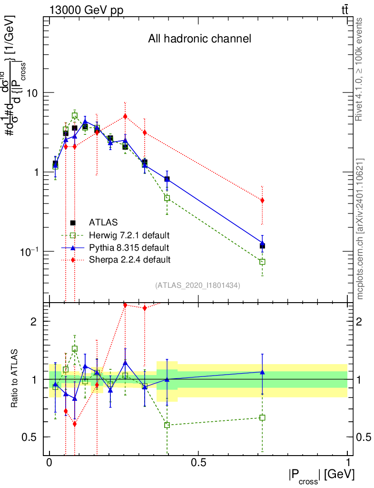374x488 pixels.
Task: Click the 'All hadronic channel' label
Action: (199, 39)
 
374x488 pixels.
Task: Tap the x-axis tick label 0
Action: (49, 463)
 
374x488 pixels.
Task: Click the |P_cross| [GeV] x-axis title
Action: (321, 476)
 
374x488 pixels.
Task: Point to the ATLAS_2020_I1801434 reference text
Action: (197, 285)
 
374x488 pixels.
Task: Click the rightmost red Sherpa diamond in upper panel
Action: (262, 201)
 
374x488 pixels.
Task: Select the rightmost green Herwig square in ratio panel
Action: (262, 417)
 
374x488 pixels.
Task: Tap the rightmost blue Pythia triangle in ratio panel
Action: (262, 372)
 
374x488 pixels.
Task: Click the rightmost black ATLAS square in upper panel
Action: (262, 246)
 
